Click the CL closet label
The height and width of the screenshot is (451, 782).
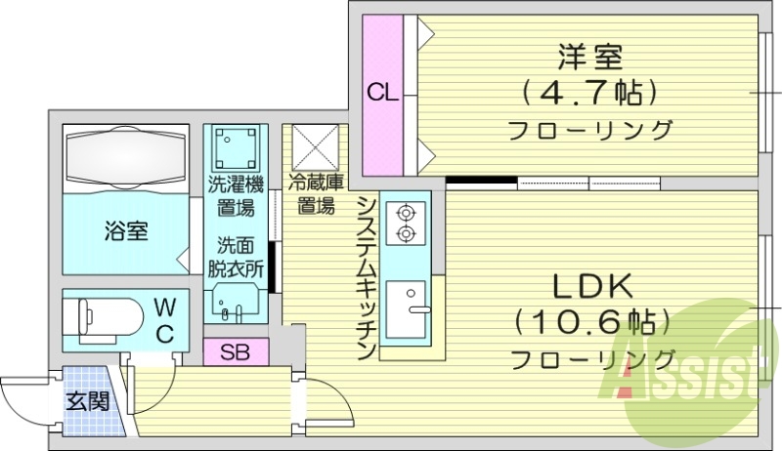[x=383, y=94]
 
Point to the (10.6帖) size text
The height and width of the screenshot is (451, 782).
[x=593, y=321]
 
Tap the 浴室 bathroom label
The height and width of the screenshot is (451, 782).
[x=127, y=231]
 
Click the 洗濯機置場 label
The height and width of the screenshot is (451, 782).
[x=235, y=194]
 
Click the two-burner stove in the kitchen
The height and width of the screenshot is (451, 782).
[x=402, y=223]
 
